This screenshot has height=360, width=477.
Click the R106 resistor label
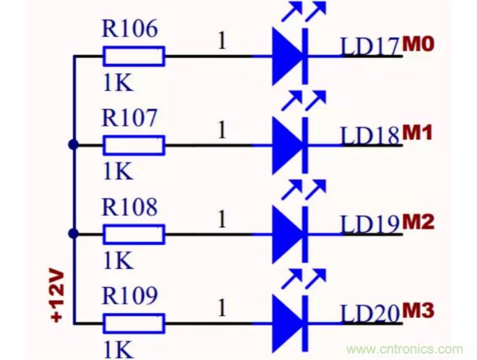[x=129, y=30]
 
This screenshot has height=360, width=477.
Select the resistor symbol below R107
[x=134, y=146]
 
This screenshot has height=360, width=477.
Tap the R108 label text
[x=129, y=207]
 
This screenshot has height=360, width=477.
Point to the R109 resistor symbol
[x=134, y=323]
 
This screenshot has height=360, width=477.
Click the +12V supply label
[x=57, y=295]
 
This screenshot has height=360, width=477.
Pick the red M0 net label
[x=418, y=44]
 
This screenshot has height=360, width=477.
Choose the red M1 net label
[x=418, y=133]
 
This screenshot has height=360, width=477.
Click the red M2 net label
[x=418, y=222]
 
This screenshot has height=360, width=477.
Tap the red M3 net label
[x=418, y=310]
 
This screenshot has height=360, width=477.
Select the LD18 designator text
[x=370, y=136]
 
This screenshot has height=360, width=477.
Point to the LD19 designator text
[x=370, y=224]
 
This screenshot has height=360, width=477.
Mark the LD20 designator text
[x=370, y=313]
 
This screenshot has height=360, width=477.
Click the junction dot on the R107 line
[x=73, y=145]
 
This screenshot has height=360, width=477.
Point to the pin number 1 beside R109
[x=222, y=307]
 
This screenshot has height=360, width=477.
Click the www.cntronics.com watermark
[x=405, y=349]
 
